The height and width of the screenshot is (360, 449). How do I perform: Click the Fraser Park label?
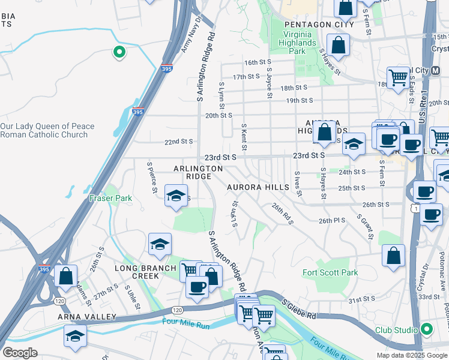[x=110, y=198]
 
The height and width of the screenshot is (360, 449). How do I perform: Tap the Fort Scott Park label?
[x=330, y=273]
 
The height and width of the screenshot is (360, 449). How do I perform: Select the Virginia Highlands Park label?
[x=297, y=43]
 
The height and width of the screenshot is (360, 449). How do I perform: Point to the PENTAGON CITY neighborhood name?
[x=308, y=25]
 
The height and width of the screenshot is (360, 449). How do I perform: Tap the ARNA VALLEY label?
[x=86, y=317]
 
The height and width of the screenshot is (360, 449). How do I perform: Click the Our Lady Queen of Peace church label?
[x=47, y=130]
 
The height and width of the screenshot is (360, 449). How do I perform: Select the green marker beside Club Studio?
[x=426, y=329]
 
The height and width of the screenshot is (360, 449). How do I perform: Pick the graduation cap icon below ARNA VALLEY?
[x=75, y=335]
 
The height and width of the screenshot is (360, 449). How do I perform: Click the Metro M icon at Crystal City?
[x=437, y=70]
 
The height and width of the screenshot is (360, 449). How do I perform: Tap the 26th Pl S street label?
[x=332, y=220]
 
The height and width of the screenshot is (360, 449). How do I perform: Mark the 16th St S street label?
[x=258, y=62]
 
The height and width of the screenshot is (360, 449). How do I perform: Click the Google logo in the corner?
[x=20, y=353]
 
